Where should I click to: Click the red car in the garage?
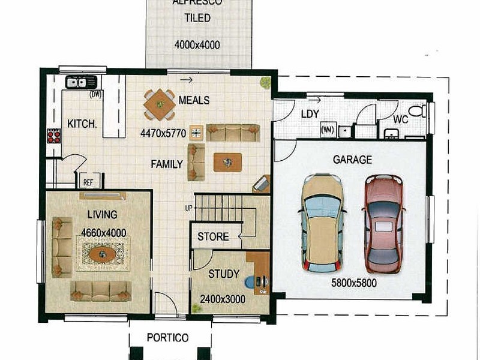(383, 223)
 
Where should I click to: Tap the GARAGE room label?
(352, 160)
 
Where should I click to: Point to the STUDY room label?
(224, 274)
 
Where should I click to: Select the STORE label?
(213, 236)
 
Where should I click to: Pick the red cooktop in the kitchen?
(54, 136)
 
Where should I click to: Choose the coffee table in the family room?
(227, 162)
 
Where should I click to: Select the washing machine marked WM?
(328, 130)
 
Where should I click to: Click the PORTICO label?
(167, 337)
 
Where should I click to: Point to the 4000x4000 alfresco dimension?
(197, 45)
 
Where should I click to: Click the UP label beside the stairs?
(188, 208)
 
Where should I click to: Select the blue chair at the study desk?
(250, 281)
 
